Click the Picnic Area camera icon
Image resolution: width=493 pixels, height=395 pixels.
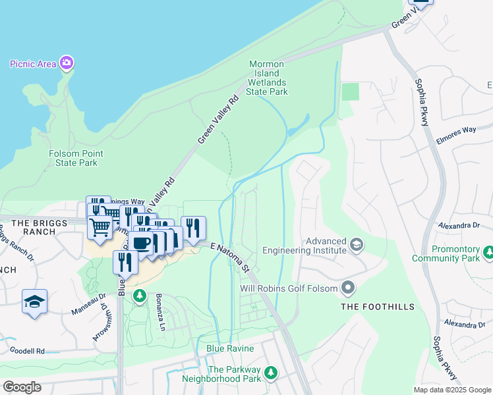click(66, 63)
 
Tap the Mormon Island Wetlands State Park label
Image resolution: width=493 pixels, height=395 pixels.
click(267, 78)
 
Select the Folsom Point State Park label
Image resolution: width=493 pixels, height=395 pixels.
click(76, 158)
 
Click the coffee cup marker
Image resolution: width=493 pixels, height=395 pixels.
click(141, 243)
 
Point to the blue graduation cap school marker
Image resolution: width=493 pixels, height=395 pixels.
click(34, 302)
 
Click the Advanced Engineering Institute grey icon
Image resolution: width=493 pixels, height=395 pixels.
click(357, 246)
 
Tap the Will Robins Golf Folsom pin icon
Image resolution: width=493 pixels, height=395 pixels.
click(348, 288)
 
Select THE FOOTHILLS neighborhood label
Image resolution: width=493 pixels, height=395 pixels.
click(378, 307)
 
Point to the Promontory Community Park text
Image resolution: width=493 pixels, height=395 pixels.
click(446, 253)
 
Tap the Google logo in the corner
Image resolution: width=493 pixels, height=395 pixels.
click(22, 387)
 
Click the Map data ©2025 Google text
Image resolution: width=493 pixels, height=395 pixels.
click(452, 390)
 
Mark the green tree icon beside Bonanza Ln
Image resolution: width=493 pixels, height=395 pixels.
click(139, 296)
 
